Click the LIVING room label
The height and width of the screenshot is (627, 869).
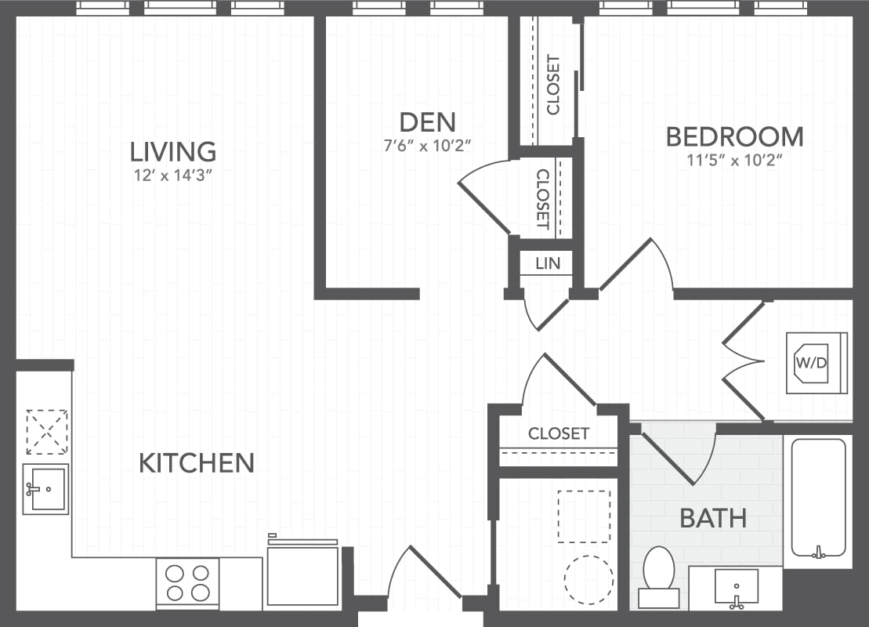[172, 150]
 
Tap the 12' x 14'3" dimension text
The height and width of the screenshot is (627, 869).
[173, 175]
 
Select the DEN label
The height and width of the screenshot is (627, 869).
[427, 122]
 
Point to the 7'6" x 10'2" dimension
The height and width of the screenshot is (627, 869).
[427, 145]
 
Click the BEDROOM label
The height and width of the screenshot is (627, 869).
[734, 136]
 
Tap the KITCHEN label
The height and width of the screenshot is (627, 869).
[197, 463]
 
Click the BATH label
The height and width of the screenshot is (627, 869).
[712, 518]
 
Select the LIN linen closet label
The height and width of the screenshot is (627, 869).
[548, 263]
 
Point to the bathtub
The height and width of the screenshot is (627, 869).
[817, 498]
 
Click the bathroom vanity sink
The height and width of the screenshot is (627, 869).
[736, 586]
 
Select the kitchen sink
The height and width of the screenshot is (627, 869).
[45, 489]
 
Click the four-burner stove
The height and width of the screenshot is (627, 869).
[188, 582]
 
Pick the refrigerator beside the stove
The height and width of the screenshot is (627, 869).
[302, 574]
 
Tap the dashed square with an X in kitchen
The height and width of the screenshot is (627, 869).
[46, 431]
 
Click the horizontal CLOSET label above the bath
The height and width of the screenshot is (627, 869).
[558, 433]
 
